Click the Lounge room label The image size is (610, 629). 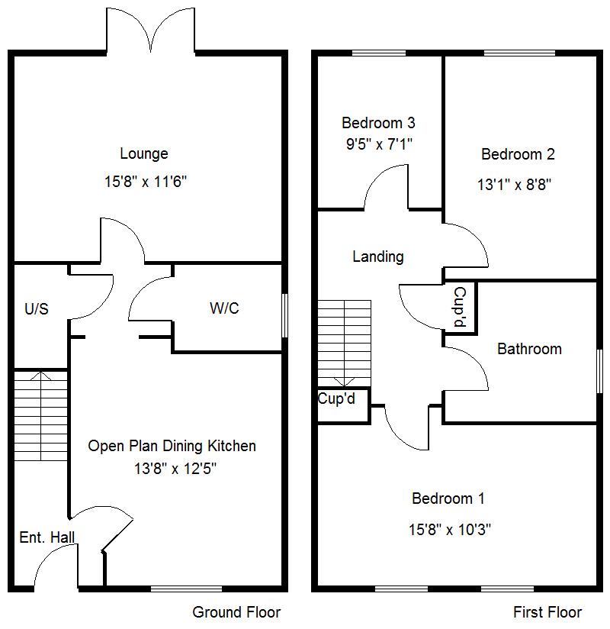click(143, 154)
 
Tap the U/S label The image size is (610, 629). click(36, 309)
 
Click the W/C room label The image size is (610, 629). click(224, 308)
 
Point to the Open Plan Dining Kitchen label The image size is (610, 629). click(172, 446)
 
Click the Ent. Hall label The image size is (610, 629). click(47, 537)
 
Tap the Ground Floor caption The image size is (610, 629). click(236, 612)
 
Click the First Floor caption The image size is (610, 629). click(547, 612)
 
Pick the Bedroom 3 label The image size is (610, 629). click(378, 122)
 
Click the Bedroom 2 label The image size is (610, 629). click(518, 154)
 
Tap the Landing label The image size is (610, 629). click(377, 257)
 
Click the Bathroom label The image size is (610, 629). click(529, 349)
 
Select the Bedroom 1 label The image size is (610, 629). click(448, 499)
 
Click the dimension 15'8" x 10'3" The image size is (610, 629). click(448, 529)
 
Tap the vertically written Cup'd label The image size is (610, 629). click(460, 308)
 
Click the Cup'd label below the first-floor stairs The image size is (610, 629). click(336, 398)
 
